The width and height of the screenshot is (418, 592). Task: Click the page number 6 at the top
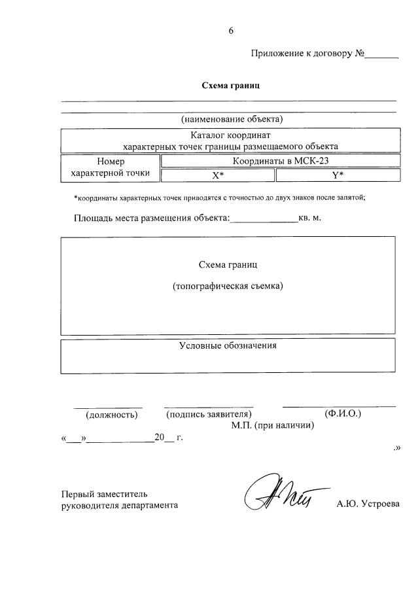pos(231,31)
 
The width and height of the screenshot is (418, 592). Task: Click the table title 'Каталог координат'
pos(228,135)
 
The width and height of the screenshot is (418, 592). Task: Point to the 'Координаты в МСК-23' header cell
pos(279,161)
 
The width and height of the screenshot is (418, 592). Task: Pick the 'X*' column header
pos(218,176)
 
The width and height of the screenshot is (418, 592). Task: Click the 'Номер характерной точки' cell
pos(110,167)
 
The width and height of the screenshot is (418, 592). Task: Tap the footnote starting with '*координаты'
pos(219,198)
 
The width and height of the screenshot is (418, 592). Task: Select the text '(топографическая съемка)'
pos(228,287)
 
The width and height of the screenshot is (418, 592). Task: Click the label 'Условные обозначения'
pos(228,345)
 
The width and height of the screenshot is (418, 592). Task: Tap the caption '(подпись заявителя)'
pos(209,414)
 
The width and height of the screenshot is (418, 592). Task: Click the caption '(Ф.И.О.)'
pos(342,413)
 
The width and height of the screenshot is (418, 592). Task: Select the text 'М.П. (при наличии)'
pos(272,425)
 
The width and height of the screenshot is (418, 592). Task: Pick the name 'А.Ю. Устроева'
pos(367,504)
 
